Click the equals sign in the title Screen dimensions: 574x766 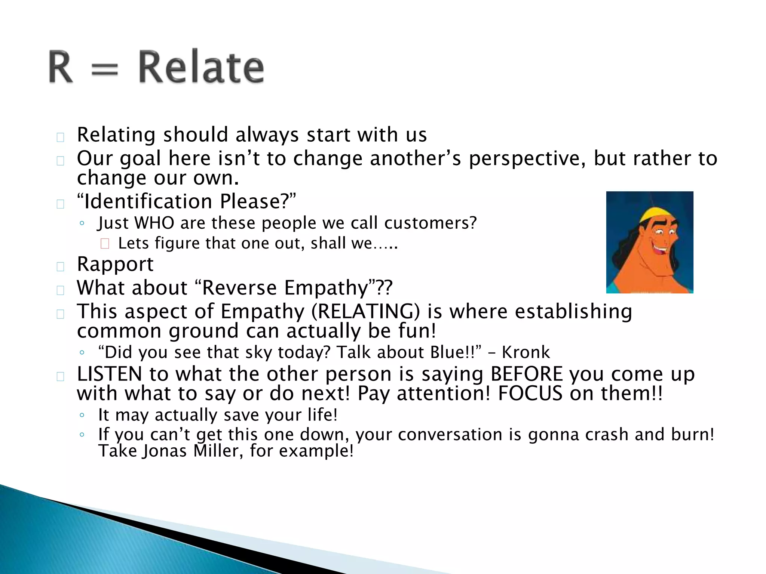(x=105, y=70)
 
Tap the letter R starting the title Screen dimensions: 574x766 (x=61, y=67)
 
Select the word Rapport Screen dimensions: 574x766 (x=115, y=265)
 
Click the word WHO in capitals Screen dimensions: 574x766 (x=154, y=223)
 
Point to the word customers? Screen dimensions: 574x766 (x=431, y=223)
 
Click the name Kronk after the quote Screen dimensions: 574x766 (x=526, y=352)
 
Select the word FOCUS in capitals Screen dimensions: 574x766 (x=530, y=394)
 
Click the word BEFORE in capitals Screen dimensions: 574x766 (x=527, y=374)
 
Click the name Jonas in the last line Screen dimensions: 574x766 (x=164, y=451)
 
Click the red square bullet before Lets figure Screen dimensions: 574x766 (x=105, y=244)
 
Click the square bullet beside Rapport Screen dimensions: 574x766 (x=60, y=266)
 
